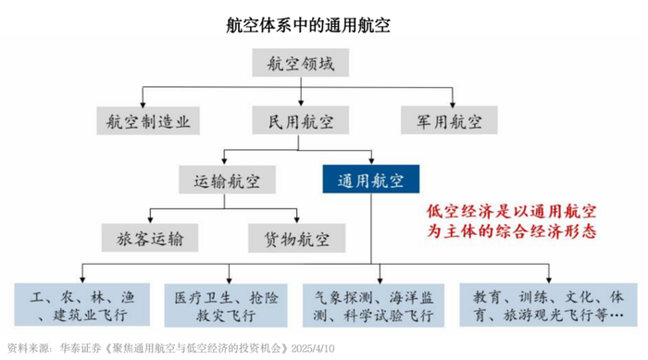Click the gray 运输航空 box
(x=227, y=179)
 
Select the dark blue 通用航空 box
(x=370, y=179)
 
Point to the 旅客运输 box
(x=151, y=238)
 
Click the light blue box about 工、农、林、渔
(x=83, y=305)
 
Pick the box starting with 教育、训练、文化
(x=546, y=305)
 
